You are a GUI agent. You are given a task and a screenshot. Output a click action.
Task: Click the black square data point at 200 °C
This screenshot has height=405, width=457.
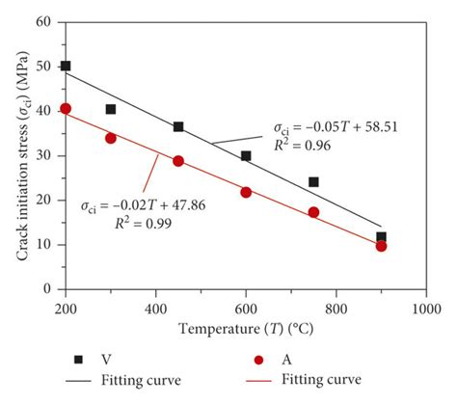pyautogui.click(x=66, y=67)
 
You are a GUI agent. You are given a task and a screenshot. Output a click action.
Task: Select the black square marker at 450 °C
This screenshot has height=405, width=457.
pyautogui.click(x=178, y=126)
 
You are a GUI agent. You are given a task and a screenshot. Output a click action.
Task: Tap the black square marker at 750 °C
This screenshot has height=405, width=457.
pyautogui.click(x=313, y=181)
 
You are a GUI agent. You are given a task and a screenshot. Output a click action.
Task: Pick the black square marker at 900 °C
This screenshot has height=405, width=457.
pyautogui.click(x=381, y=236)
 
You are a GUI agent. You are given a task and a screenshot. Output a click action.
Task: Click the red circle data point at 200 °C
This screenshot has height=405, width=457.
pyautogui.click(x=66, y=109)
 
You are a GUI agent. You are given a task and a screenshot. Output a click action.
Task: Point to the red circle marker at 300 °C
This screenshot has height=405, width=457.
pyautogui.click(x=111, y=138)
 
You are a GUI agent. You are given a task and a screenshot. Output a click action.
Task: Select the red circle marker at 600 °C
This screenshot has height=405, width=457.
pyautogui.click(x=246, y=192)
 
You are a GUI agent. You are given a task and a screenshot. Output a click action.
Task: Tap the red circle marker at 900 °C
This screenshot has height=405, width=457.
pyautogui.click(x=381, y=246)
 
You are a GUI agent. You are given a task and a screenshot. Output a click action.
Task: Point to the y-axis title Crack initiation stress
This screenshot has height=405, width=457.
pyautogui.click(x=15, y=154)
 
